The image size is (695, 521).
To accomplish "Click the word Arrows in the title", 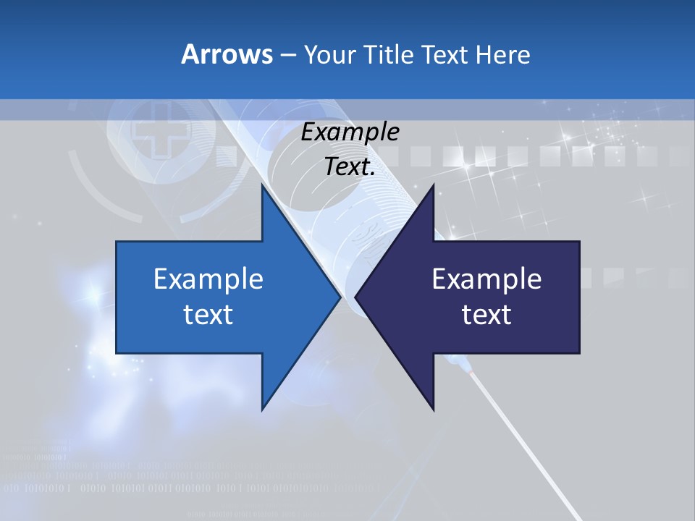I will [x=226, y=54].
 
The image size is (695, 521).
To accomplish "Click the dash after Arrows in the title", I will [x=287, y=55].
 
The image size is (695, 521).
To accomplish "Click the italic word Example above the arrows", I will [x=350, y=132].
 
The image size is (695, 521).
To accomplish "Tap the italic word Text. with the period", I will [x=350, y=167].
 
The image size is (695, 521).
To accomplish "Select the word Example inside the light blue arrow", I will [x=208, y=279].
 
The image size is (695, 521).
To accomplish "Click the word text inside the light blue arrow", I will [x=208, y=314].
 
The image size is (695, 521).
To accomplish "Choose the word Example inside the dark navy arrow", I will [x=486, y=279].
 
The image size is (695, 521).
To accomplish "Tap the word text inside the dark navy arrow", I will [x=486, y=314].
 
